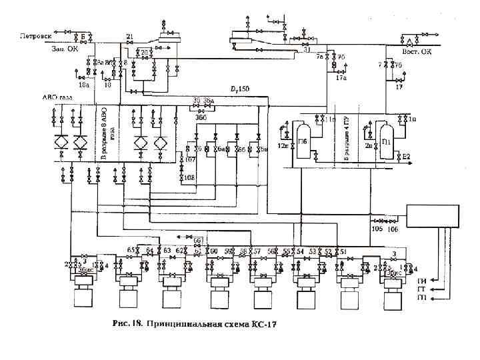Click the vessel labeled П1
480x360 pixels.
pyautogui.click(x=385, y=141)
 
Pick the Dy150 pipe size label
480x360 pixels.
pyautogui.click(x=240, y=89)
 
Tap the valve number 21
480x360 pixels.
pyautogui.click(x=129, y=36)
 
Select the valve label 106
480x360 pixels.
pyautogui.click(x=393, y=228)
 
